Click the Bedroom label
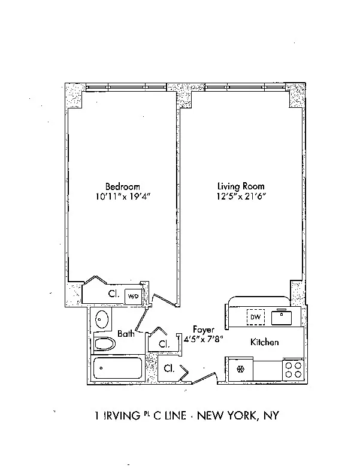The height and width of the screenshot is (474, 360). [x=122, y=186]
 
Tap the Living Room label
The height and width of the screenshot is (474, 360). [x=240, y=186]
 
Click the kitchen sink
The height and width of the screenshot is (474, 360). [x=281, y=316]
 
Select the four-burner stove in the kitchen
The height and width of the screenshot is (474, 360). [x=292, y=369]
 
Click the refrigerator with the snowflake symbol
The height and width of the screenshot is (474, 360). [x=240, y=369]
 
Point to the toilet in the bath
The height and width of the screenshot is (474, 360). [x=105, y=344]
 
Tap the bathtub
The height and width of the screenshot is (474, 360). [x=117, y=369]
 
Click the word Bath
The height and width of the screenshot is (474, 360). [x=126, y=334]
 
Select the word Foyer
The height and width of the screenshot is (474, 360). [x=203, y=330]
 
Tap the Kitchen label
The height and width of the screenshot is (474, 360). [x=264, y=343]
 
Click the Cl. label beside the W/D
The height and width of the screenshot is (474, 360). [x=113, y=294]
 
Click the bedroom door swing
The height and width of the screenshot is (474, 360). [x=164, y=299]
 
